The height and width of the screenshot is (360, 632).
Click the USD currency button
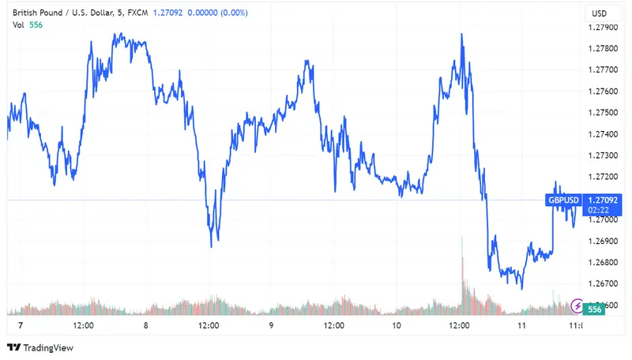point(600,13)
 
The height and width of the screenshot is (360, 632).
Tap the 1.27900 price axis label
point(604,28)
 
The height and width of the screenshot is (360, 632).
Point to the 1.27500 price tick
point(604,113)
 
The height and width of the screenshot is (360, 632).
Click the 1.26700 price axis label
point(604,283)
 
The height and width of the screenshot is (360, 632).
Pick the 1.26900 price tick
point(604,241)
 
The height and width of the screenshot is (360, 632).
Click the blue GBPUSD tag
point(564,200)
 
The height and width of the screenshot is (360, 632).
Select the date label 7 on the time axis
point(21,324)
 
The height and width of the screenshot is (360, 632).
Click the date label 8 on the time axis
point(146,324)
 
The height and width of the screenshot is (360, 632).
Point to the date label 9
point(271,324)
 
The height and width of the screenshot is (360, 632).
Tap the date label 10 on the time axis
point(397,324)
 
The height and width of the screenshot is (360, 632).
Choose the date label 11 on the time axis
point(521,324)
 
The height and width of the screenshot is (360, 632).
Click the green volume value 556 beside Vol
point(36,25)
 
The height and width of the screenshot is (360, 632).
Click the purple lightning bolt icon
point(577,306)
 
